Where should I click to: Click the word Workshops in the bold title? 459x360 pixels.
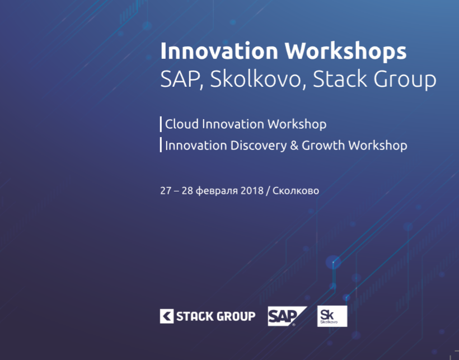[x=346, y=51]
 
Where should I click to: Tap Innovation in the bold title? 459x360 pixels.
[x=219, y=51]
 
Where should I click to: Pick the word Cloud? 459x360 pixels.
[x=182, y=124]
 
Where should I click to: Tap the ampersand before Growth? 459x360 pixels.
[x=294, y=146]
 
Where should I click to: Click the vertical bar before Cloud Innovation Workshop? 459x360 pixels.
[x=161, y=124]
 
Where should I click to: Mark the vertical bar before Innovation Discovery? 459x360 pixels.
[x=161, y=145]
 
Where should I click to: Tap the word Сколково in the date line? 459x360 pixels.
[x=296, y=191]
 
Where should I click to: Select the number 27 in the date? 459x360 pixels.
[x=165, y=190]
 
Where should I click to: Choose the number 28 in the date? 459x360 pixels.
[x=188, y=190]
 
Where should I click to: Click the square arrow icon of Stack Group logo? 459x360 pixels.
[x=167, y=316]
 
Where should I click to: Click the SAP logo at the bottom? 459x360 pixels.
[x=287, y=316]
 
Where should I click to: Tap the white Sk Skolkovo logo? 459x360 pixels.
[x=332, y=316]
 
